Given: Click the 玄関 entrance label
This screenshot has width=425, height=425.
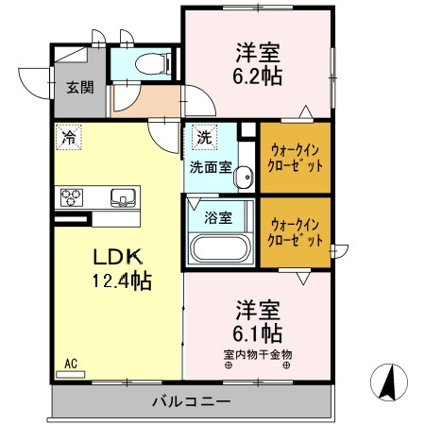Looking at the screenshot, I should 79,88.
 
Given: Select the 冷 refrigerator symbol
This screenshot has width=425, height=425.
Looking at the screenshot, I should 68,137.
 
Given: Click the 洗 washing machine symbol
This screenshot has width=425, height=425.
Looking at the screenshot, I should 203,137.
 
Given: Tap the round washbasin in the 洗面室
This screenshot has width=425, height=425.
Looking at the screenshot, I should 243,175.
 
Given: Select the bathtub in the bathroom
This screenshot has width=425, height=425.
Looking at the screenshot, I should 219,250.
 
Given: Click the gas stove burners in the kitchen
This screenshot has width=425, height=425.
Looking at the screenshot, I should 73,197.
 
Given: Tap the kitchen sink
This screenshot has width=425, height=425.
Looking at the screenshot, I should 123,197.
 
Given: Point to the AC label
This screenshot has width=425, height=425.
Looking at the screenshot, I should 71,363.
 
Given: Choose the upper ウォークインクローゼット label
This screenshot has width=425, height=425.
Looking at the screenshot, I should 296,156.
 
